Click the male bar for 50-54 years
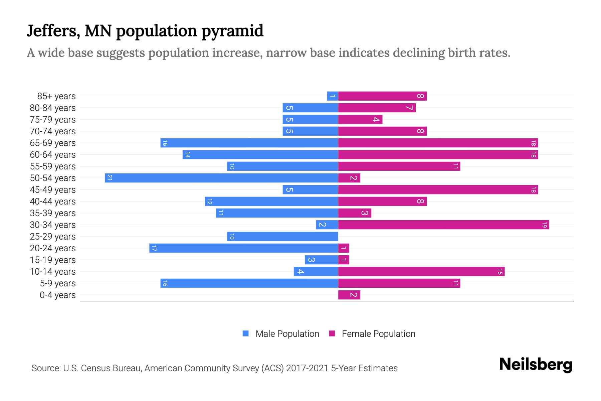tap(221, 178)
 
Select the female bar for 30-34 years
tap(443, 225)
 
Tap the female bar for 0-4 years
tap(349, 295)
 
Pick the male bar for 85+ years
tap(333, 96)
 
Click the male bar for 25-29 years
tap(282, 236)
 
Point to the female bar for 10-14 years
tap(421, 271)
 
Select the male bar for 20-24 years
tap(243, 248)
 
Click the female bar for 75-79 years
tap(360, 119)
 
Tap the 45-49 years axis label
tap(53, 190)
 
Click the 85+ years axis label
tap(56, 96)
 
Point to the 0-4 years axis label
tap(57, 295)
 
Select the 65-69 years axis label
tap(53, 143)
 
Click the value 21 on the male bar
tap(110, 178)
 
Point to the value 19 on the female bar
tap(544, 225)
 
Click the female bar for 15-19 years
tap(344, 260)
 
